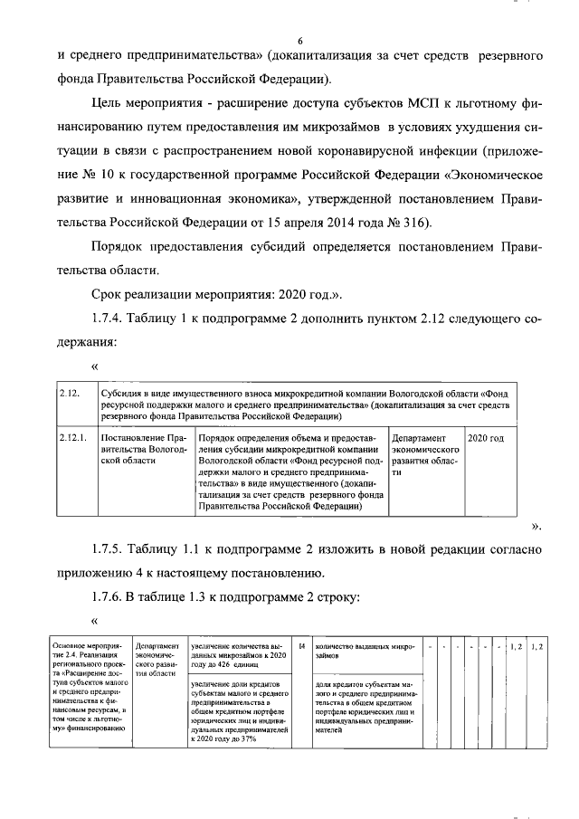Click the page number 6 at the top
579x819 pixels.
tap(299, 40)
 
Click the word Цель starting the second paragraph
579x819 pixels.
tap(110, 104)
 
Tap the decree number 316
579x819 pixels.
tap(428, 222)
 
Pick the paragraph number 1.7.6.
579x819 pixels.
tap(113, 598)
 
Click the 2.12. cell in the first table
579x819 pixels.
tap(69, 394)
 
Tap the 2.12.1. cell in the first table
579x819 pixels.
tap(72, 439)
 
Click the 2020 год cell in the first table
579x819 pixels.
tap(485, 439)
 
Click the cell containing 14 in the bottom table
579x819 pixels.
tap(302, 647)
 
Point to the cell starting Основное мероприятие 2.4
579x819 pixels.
tap(87, 690)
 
